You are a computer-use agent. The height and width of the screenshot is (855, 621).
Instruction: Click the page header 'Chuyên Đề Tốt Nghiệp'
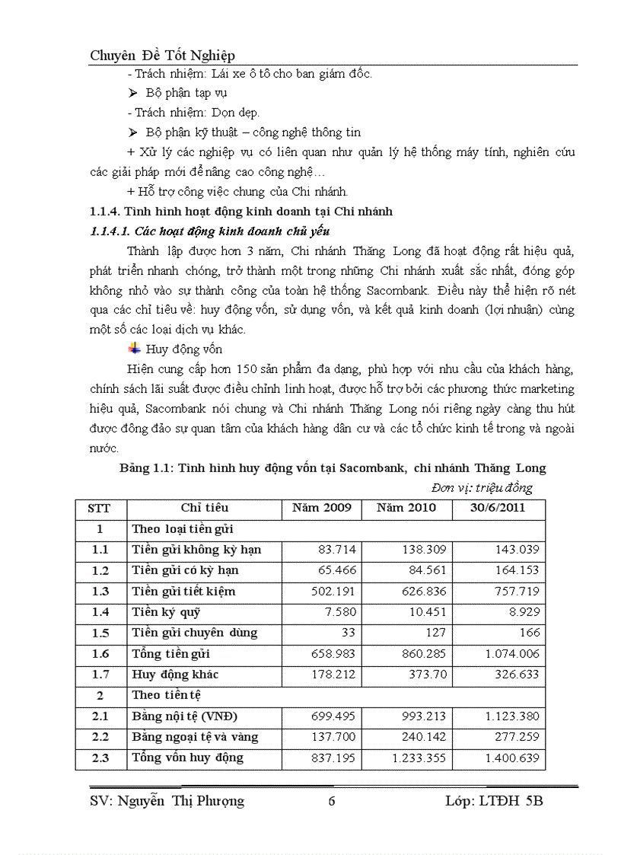162,55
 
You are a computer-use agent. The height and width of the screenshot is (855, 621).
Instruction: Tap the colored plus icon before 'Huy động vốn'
134,349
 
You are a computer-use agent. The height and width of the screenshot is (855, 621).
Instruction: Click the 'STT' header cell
100,508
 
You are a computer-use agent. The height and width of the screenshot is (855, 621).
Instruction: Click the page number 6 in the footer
330,800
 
